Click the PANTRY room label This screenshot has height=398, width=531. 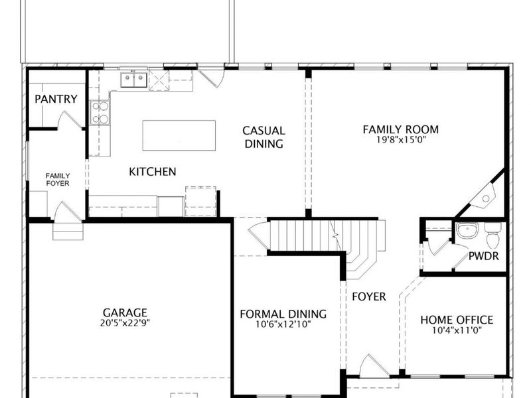click(x=56, y=99)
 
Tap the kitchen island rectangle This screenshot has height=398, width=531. click(x=179, y=135)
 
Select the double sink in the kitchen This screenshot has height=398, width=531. click(x=133, y=80)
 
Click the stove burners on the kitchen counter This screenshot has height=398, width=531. click(x=100, y=113)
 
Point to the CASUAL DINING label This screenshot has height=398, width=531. click(x=264, y=137)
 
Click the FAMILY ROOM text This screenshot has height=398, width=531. click(x=400, y=129)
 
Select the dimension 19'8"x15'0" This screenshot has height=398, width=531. click(x=400, y=140)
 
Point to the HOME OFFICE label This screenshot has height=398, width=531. click(x=457, y=320)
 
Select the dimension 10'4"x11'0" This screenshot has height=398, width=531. click(x=457, y=330)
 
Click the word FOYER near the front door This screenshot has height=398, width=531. click(x=368, y=297)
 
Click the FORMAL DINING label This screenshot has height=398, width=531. click(x=283, y=314)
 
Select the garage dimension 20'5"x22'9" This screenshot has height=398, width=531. click(x=125, y=324)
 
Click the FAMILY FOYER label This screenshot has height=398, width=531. click(x=58, y=179)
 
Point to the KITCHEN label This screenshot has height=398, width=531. click(x=153, y=172)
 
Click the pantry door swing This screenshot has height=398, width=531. click(x=70, y=120)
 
